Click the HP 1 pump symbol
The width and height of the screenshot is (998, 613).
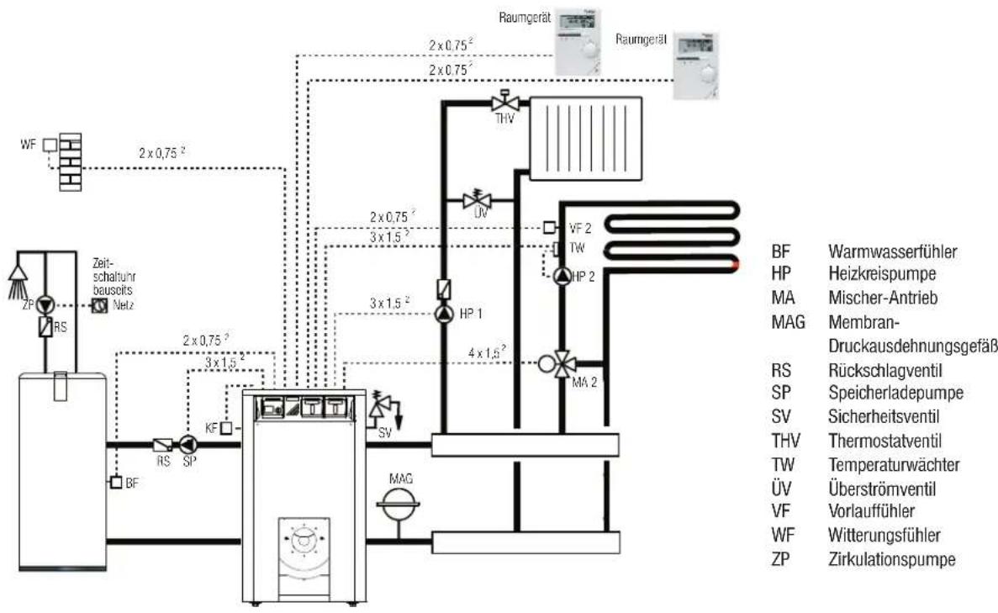(x=444, y=314)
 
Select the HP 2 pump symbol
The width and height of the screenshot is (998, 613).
(x=562, y=277)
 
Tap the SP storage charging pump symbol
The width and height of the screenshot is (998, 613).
(x=187, y=444)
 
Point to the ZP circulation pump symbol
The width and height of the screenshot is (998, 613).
(x=45, y=305)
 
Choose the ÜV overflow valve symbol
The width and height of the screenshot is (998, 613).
(x=477, y=200)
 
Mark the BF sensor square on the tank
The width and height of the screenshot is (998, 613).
(x=116, y=483)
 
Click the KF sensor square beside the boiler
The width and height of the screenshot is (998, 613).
(x=225, y=428)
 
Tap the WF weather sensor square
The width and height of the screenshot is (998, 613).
(x=50, y=145)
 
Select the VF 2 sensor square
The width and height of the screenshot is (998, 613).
(x=549, y=226)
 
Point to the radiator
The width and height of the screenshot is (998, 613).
(x=585, y=139)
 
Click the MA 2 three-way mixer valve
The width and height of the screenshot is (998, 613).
(x=562, y=364)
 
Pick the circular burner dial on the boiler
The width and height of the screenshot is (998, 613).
(x=304, y=540)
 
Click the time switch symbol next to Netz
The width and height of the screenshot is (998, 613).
(x=99, y=305)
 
